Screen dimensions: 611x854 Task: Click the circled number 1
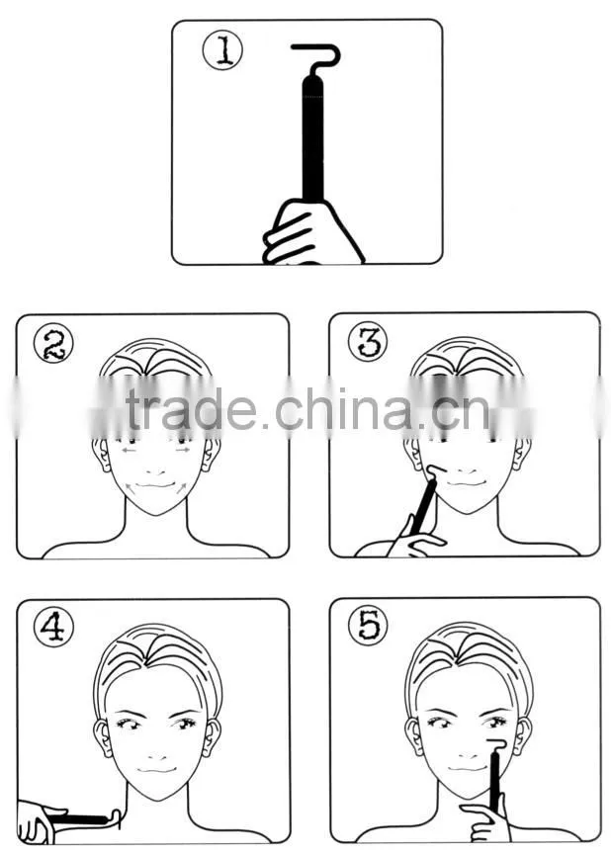(x=222, y=50)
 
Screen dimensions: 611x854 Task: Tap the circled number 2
(x=53, y=343)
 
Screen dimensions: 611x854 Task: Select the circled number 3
(x=368, y=341)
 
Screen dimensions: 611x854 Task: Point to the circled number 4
(x=53, y=628)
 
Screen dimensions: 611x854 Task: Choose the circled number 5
(x=368, y=626)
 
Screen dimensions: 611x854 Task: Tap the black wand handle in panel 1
(x=312, y=139)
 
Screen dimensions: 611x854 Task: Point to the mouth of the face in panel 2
(x=155, y=484)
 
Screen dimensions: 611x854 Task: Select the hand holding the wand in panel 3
(x=415, y=540)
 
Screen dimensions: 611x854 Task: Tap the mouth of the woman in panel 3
(x=466, y=483)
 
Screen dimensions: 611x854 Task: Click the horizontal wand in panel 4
(x=82, y=818)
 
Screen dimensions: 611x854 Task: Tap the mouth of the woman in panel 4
(x=156, y=770)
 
